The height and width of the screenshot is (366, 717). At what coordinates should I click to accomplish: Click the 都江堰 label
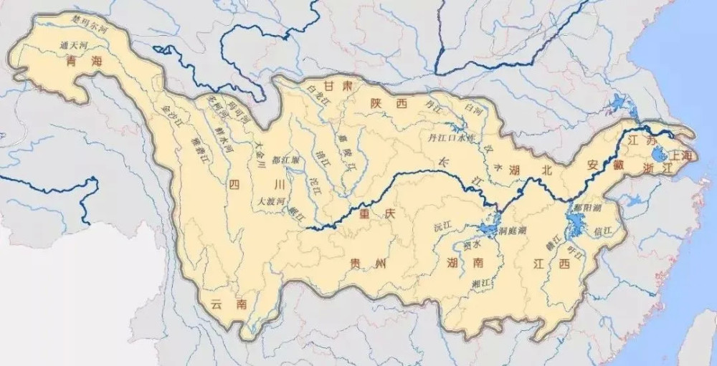[286, 160]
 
